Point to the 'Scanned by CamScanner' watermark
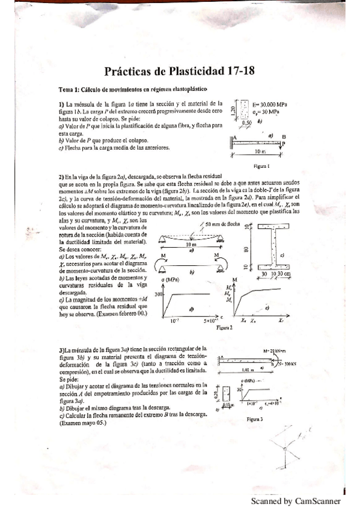[x=296, y=501]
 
